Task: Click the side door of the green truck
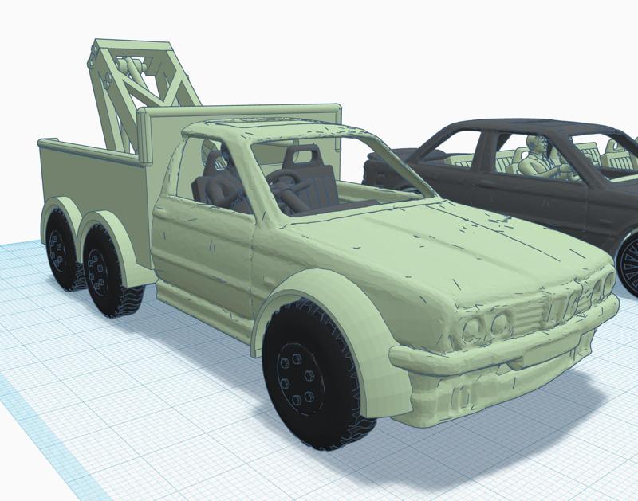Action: (x=203, y=255)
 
